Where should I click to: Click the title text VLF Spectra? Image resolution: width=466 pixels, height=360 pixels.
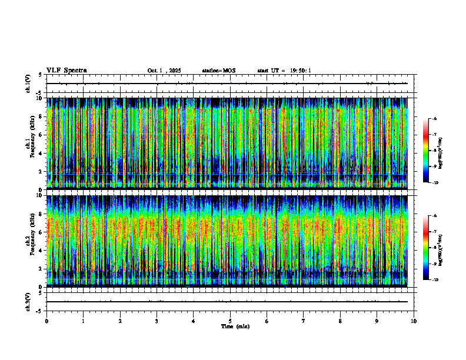[x=66, y=71]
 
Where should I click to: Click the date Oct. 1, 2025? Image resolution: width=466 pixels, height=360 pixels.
[x=164, y=71]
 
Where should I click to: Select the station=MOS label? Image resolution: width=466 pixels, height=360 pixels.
[x=218, y=71]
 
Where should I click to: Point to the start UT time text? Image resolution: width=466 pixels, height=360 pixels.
[x=284, y=71]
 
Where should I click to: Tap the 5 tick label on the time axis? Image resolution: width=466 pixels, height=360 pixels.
[x=230, y=321]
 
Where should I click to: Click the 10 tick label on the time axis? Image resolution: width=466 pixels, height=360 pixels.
[x=414, y=321]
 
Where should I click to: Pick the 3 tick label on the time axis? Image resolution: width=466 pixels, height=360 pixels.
[x=157, y=321]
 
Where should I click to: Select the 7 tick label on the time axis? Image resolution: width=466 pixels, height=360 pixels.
[x=304, y=321]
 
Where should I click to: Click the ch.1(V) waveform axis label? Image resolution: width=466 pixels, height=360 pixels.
[x=28, y=84]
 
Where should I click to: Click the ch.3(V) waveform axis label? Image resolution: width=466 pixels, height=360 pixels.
[x=28, y=301]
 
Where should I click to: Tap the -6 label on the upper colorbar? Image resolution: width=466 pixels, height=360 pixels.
[x=434, y=119]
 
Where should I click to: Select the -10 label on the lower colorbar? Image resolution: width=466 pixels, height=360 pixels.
[x=435, y=280]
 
